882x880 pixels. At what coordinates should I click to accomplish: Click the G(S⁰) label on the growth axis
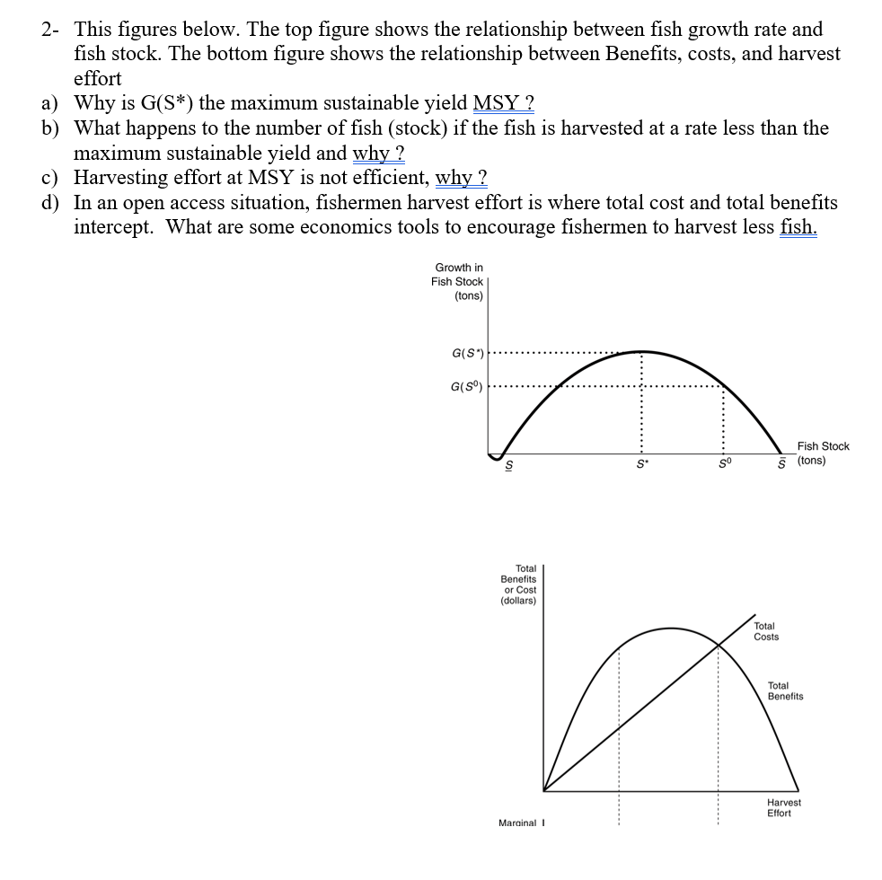click(468, 387)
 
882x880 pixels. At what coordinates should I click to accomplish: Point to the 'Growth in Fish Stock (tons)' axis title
click(458, 281)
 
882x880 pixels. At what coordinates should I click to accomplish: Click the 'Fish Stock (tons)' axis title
click(822, 453)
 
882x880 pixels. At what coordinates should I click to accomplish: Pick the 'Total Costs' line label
click(766, 631)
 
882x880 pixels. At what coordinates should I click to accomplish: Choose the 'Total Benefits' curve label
click(785, 691)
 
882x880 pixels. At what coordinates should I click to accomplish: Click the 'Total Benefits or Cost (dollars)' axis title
click(518, 585)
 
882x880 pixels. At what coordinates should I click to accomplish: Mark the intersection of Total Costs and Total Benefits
click(719, 643)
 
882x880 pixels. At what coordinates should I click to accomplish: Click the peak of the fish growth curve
click(640, 350)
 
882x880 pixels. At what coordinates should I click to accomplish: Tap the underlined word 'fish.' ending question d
click(798, 226)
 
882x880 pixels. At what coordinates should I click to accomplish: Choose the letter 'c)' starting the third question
click(52, 177)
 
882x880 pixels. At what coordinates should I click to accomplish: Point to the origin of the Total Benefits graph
click(543, 791)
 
